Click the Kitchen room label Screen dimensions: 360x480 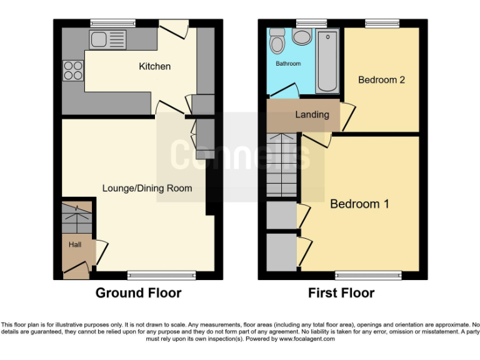154,66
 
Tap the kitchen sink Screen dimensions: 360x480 107,39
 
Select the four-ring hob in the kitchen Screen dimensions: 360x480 72,71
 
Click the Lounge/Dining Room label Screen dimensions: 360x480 147,188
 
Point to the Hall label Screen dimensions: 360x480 75,245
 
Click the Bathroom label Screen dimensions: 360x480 288,64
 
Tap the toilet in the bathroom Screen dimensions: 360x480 277,41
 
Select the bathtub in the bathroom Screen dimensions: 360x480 327,61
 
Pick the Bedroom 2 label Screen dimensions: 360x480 381,80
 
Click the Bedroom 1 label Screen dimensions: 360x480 359,204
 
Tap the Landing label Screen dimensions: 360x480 312,114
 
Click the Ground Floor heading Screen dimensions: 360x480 138,292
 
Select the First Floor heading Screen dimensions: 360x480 341,292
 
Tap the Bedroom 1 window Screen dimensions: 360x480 369,275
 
